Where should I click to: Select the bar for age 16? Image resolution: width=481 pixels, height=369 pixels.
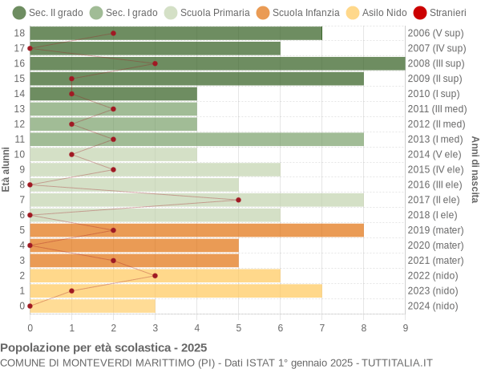tap(217, 63)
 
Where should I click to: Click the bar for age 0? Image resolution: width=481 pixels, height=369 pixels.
tap(92, 306)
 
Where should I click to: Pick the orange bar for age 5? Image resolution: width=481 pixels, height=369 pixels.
tap(196, 230)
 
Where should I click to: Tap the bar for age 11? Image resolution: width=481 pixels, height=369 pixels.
tap(196, 140)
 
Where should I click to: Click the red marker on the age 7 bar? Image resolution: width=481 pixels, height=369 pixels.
tap(239, 200)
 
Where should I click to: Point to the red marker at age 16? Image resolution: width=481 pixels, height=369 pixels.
tap(155, 63)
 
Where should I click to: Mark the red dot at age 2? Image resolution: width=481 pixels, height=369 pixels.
tap(155, 275)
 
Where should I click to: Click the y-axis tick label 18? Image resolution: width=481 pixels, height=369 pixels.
tap(20, 33)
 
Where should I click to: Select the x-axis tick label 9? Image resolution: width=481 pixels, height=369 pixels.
tap(405, 327)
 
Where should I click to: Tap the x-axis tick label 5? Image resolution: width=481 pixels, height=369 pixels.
tap(239, 327)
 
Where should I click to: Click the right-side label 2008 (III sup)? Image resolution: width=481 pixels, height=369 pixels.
tap(436, 63)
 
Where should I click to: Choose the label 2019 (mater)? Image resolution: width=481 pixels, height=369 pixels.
tap(435, 230)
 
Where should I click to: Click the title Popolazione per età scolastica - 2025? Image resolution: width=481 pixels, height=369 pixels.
tap(103, 348)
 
